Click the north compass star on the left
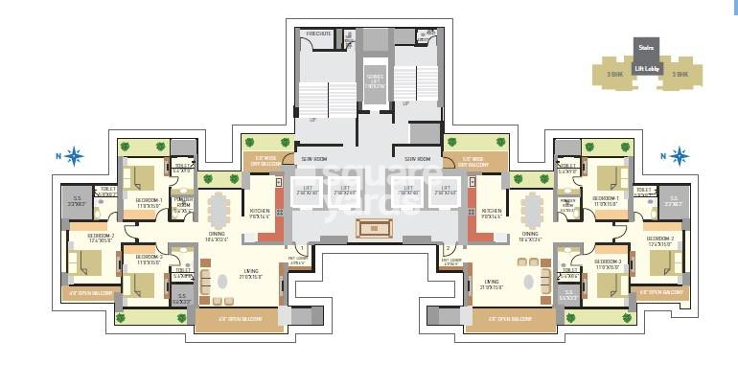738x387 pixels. click(75, 154)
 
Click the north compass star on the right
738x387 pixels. click(680, 155)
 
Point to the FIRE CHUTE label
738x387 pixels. click(318, 34)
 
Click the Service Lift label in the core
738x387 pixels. click(374, 80)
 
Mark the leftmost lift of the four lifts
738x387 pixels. click(308, 190)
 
